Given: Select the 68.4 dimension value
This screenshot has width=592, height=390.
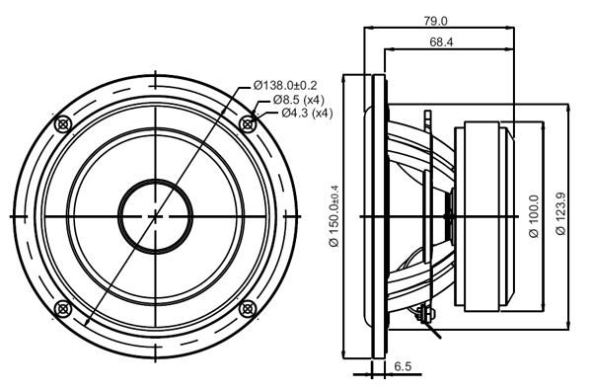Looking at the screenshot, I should (441, 42).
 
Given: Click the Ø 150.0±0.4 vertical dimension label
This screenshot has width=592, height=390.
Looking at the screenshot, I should (334, 216).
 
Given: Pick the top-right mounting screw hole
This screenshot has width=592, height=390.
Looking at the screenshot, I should (245, 124).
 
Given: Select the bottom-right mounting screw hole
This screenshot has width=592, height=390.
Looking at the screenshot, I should (245, 307).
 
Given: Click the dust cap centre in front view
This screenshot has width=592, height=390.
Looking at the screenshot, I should (154, 215).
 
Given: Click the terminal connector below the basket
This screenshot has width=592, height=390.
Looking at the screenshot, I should (427, 315).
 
